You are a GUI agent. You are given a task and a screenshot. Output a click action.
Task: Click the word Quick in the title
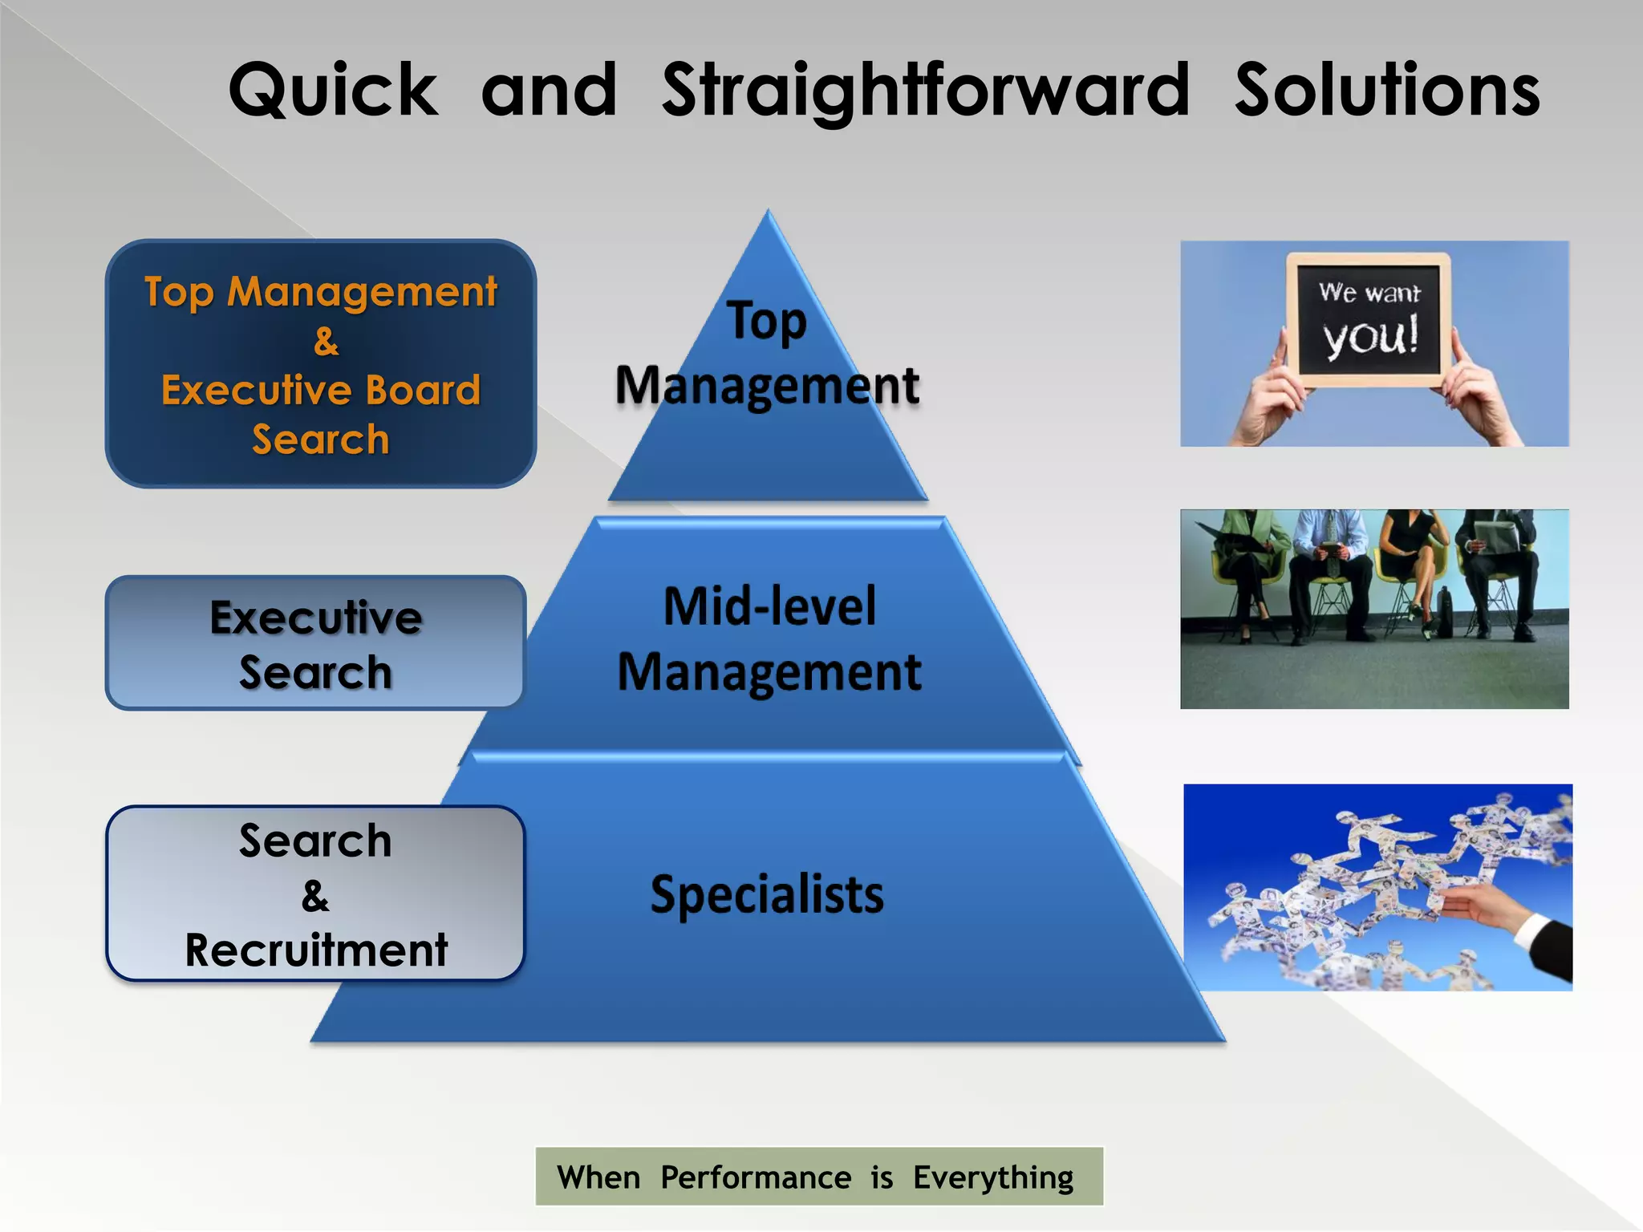pos(333,90)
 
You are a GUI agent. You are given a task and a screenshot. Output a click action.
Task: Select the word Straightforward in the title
pos(925,90)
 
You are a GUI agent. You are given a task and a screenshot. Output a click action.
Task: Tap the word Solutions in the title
pos(1386,90)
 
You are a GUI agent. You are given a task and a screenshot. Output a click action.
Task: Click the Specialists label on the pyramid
pos(767,894)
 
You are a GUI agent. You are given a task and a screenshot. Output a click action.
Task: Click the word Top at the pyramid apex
pos(767,321)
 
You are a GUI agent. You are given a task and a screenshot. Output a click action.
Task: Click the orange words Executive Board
pos(321,391)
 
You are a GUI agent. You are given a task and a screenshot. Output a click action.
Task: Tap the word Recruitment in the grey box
pos(316,950)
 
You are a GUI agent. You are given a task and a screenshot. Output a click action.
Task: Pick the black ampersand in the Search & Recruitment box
pos(315,896)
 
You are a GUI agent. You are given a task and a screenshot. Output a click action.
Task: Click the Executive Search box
pos(315,642)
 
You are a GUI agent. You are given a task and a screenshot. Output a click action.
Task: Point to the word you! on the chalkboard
pos(1370,337)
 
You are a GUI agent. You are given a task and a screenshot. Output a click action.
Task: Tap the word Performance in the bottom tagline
pos(756,1177)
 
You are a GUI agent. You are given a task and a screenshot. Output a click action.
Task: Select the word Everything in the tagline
pos(993,1177)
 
